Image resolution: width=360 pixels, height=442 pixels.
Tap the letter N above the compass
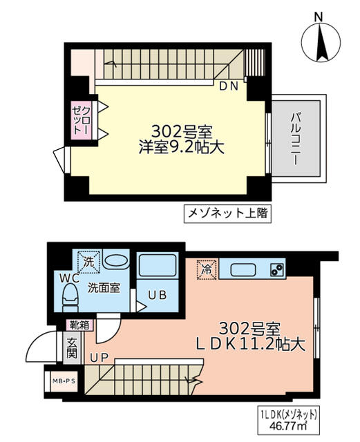click(x=319, y=16)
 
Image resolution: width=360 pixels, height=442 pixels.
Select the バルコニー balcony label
click(x=294, y=137)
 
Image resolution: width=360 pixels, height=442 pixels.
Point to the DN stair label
click(x=227, y=86)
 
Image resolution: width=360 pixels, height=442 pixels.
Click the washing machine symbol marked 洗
click(x=88, y=262)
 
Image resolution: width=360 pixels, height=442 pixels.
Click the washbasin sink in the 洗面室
click(x=116, y=262)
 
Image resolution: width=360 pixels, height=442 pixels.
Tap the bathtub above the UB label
click(x=159, y=266)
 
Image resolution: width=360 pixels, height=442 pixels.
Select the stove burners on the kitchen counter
click(x=276, y=269)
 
